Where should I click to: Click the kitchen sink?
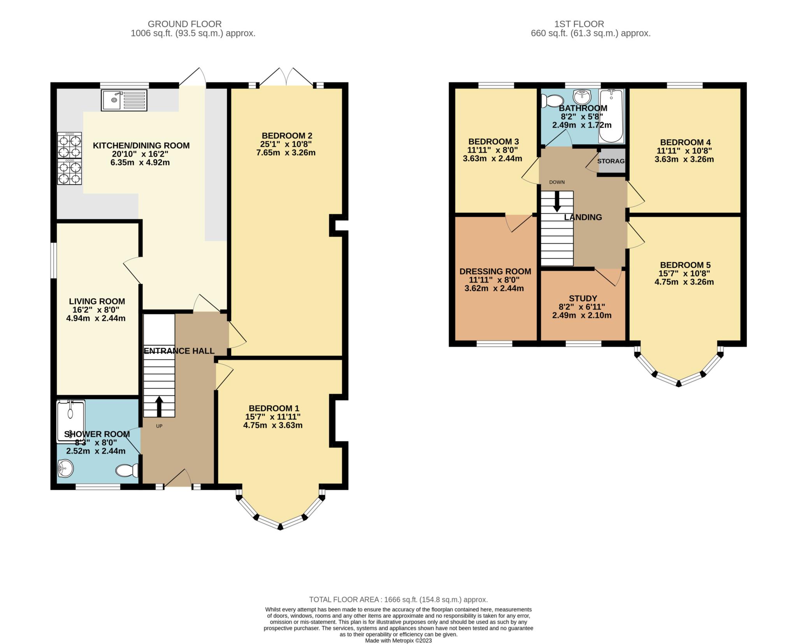pyautogui.click(x=124, y=100)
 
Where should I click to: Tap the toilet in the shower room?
pyautogui.click(x=127, y=470)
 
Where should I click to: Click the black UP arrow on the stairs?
pyautogui.click(x=159, y=406)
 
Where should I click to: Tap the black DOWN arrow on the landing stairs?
pyautogui.click(x=557, y=201)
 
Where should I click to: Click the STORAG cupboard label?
pyautogui.click(x=611, y=161)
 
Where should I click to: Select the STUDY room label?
pyautogui.click(x=583, y=298)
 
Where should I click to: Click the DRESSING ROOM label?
pyautogui.click(x=495, y=272)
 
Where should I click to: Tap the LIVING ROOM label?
pyautogui.click(x=97, y=301)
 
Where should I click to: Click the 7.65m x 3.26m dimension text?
pyautogui.click(x=286, y=153)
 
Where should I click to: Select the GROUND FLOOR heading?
pyautogui.click(x=184, y=24)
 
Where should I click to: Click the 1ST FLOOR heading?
pyautogui.click(x=579, y=24)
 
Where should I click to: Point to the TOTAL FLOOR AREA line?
pyautogui.click(x=398, y=600)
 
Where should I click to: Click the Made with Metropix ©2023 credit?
pyautogui.click(x=398, y=640)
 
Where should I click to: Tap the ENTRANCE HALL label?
pyautogui.click(x=179, y=351)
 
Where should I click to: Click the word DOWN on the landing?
pyautogui.click(x=556, y=182)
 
